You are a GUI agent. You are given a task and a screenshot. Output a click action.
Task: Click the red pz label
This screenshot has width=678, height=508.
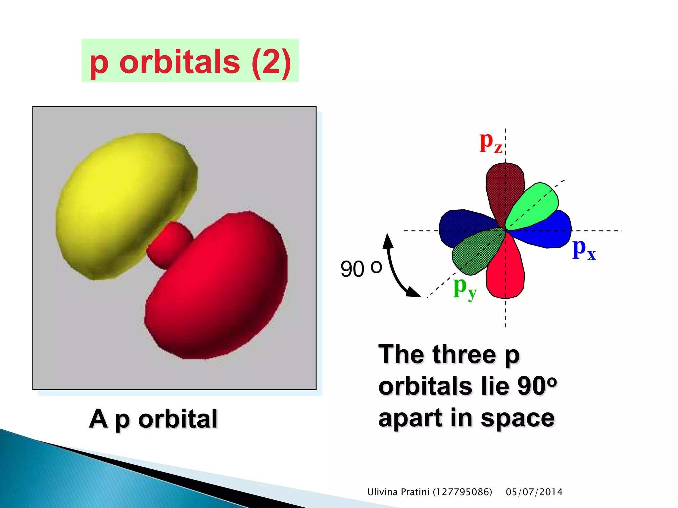[x=490, y=143]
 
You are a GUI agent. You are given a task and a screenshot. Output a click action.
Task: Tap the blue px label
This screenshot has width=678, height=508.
[x=583, y=249]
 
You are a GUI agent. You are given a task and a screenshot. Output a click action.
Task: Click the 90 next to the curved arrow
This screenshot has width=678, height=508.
[x=352, y=269]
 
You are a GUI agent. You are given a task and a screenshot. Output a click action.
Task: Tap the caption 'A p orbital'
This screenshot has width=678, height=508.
[x=153, y=419]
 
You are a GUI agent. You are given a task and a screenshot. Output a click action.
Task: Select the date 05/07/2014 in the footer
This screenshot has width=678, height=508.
[x=534, y=492]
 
